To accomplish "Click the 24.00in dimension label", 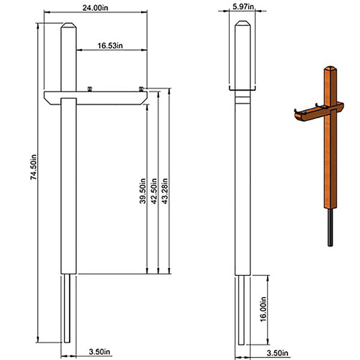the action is [95, 8].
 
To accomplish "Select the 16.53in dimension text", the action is [110, 46].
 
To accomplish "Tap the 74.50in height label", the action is [34, 167].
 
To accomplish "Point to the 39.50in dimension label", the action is [143, 191].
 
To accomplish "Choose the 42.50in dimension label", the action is [154, 191].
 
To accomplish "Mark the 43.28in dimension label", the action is [164, 191].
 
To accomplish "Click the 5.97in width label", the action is [243, 7].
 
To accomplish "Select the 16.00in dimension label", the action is [263, 309].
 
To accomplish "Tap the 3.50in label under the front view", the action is [100, 352].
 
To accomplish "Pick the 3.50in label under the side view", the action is [277, 353].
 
